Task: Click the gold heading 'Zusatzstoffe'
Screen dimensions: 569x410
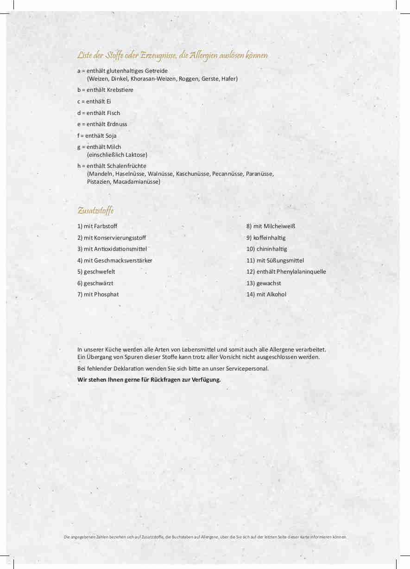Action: [x=95, y=211]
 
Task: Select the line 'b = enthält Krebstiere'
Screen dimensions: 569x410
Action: [x=105, y=90]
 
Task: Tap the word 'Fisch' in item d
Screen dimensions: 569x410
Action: [x=114, y=113]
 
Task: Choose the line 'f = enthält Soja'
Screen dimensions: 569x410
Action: [x=97, y=135]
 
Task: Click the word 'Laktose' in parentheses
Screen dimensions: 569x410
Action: [x=135, y=154]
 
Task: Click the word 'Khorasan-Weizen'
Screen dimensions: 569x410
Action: [x=153, y=78]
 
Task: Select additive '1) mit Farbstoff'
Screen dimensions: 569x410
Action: [x=97, y=226]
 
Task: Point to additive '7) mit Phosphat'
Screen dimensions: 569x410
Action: [x=98, y=294]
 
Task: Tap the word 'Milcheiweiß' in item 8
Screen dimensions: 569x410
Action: [x=279, y=226]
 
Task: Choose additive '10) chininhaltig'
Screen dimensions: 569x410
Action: [x=266, y=249]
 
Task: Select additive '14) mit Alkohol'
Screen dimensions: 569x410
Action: [x=266, y=294]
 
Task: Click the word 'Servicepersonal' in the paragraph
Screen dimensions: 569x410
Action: [x=248, y=368]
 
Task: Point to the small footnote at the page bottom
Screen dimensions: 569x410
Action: [x=205, y=537]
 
